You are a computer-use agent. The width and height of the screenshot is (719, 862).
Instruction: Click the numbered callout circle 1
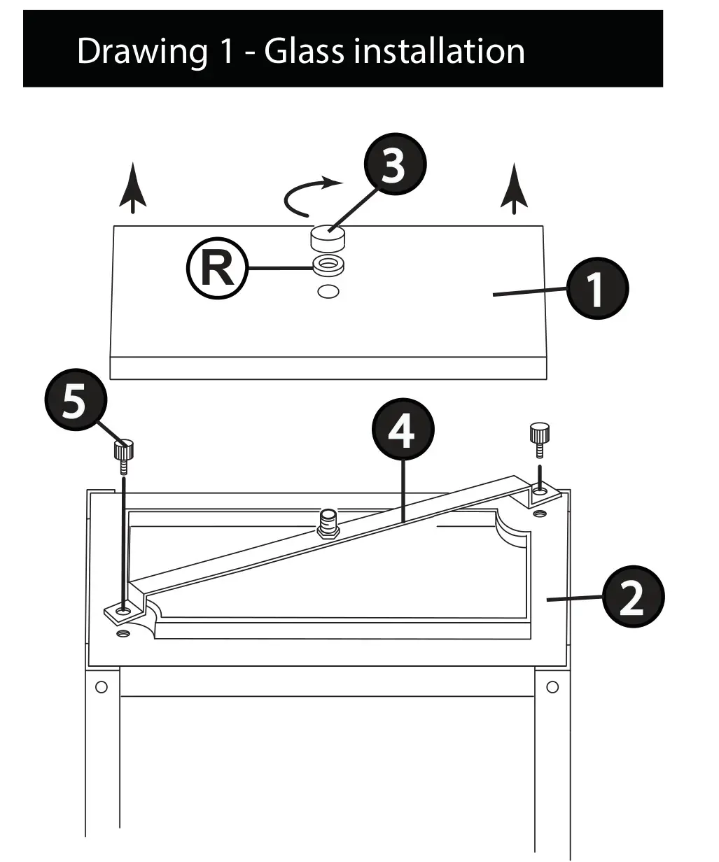click(x=597, y=289)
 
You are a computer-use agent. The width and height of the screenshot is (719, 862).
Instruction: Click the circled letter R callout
click(x=217, y=269)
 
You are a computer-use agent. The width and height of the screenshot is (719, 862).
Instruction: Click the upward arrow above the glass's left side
click(x=132, y=187)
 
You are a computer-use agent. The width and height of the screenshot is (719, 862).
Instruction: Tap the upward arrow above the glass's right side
click(x=515, y=187)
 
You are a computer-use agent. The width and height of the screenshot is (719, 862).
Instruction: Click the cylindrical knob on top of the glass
click(x=328, y=239)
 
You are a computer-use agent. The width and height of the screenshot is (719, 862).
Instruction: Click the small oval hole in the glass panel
click(x=328, y=291)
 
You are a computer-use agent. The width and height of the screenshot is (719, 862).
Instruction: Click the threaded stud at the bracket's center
click(x=328, y=522)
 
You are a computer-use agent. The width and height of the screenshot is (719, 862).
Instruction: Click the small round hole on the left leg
click(x=102, y=686)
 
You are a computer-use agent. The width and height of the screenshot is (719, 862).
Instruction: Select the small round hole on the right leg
click(x=552, y=686)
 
